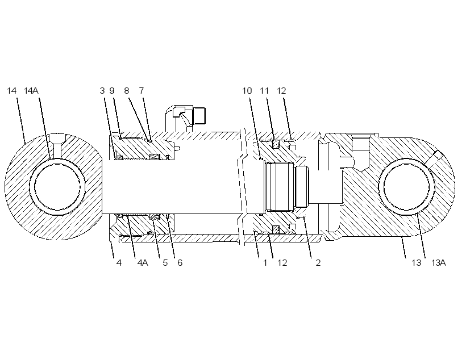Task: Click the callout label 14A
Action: (x=31, y=91)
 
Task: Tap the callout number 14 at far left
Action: (x=11, y=91)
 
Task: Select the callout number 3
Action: (x=102, y=91)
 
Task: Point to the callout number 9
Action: (x=112, y=91)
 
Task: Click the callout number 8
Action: (x=127, y=91)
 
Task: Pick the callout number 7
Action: (x=142, y=91)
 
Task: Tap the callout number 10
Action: (x=247, y=91)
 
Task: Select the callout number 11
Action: (x=264, y=91)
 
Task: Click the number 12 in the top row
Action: (x=281, y=91)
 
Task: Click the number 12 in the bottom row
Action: (x=282, y=263)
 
